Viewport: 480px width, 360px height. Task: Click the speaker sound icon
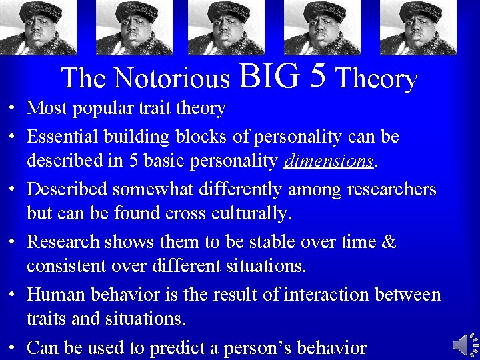pos(465,345)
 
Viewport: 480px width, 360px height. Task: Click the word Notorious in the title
pos(171,79)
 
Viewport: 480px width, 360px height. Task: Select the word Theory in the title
pos(377,79)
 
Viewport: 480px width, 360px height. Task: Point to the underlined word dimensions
pos(329,162)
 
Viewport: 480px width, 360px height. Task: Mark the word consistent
pos(69,267)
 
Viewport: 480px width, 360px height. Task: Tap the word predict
pos(176,347)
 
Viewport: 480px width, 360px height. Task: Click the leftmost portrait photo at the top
pos(38,27)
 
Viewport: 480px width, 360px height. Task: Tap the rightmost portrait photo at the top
pos(419,27)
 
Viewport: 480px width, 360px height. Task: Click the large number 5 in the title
pos(317,76)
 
